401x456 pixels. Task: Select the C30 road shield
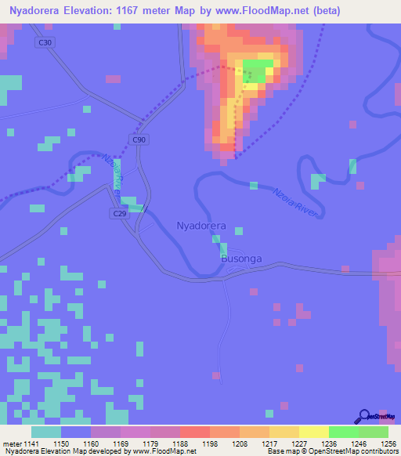[45, 42]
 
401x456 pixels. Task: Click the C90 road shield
[139, 139]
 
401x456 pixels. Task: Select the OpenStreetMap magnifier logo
[365, 417]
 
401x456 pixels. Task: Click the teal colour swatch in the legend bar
[46, 432]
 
